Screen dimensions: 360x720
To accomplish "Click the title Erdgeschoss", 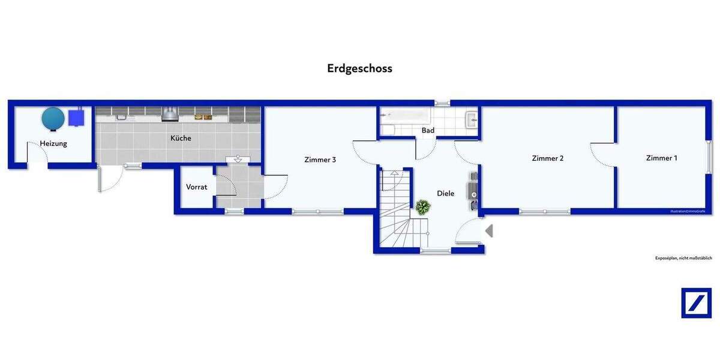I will click(359, 68).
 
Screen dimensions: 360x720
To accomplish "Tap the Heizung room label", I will click(53, 143).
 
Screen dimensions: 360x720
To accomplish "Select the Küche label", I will click(181, 138).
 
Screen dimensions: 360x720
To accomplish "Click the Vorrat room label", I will click(196, 187).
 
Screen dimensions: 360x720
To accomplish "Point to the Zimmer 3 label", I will click(320, 160).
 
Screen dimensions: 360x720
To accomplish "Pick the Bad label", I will click(428, 130).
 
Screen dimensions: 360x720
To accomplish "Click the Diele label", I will click(445, 193).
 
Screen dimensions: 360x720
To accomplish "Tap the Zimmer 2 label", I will click(547, 158).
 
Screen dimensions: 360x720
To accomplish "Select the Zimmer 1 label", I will click(661, 158).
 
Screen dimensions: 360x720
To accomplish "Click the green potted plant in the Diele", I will click(423, 208).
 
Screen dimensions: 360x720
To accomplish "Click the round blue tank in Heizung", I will click(53, 118).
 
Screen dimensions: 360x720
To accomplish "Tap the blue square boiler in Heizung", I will click(76, 118).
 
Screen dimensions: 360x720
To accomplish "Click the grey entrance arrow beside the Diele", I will click(489, 230).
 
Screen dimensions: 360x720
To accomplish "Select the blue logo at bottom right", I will click(696, 303).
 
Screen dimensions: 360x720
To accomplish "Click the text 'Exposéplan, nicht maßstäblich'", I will click(683, 258).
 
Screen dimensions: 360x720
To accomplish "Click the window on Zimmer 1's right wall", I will click(709, 157).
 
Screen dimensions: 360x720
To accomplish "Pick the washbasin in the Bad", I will click(471, 119).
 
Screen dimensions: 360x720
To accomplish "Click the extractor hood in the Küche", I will click(170, 113).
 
